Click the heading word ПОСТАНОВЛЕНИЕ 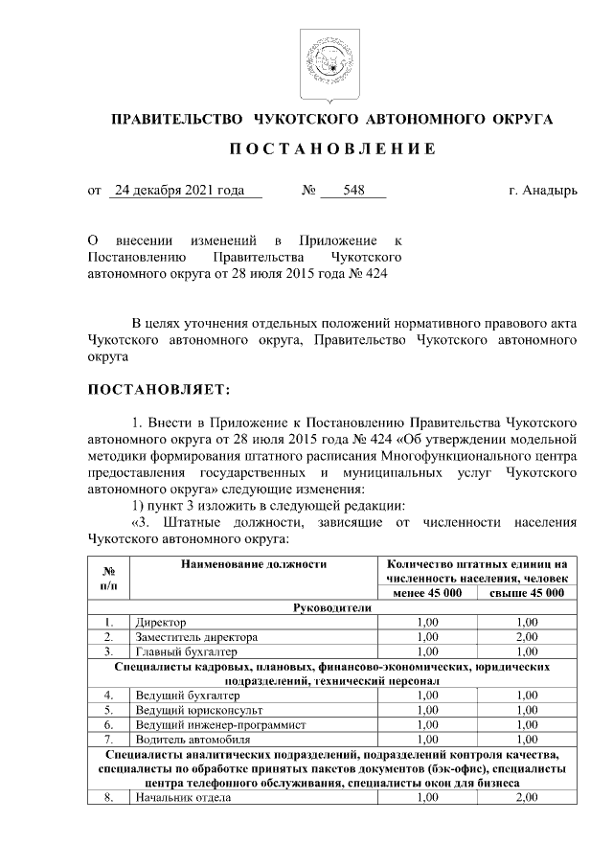point(333,149)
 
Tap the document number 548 point(353,190)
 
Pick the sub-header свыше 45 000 point(526,593)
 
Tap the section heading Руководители point(333,607)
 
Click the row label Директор point(161,622)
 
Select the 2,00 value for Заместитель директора point(527,636)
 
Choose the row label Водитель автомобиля point(193,739)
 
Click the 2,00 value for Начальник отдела point(527,797)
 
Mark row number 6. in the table point(109,724)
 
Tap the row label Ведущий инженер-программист point(220,724)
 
